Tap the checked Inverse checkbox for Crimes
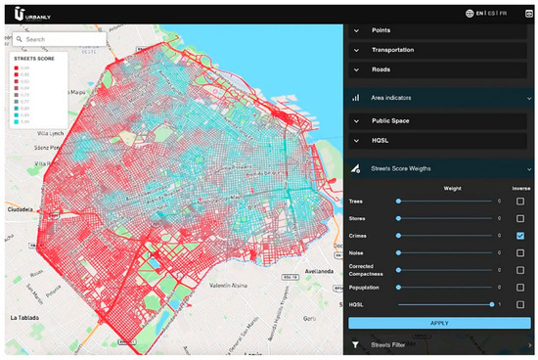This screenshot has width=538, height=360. click(520, 236)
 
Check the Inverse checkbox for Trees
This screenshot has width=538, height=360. click(520, 201)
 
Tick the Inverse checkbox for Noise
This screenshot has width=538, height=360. click(520, 253)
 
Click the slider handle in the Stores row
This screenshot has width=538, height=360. click(398, 218)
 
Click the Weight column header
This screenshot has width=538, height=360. click(453, 187)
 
